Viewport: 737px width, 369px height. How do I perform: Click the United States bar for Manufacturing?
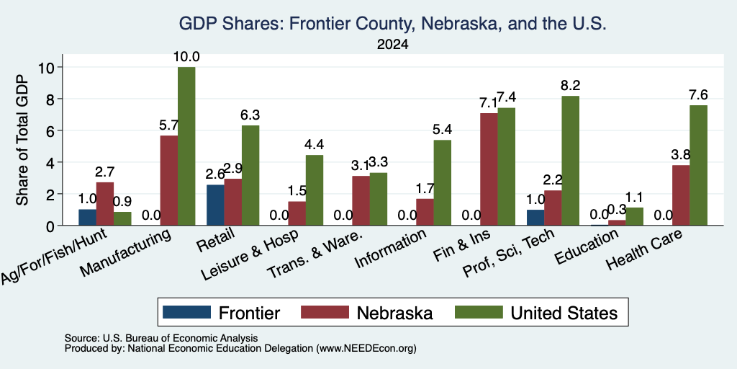[186, 146]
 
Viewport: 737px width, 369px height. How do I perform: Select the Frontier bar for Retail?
[215, 205]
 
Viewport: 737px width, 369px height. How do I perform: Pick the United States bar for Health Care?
[698, 165]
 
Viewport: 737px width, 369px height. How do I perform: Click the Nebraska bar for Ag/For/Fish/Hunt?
[105, 204]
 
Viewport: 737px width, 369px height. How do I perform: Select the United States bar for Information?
[443, 182]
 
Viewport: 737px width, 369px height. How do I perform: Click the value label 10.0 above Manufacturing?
[186, 58]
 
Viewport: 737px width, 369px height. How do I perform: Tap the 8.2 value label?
[571, 86]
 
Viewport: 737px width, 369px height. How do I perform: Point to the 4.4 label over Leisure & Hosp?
[315, 144]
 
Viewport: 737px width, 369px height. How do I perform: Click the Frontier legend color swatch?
[186, 312]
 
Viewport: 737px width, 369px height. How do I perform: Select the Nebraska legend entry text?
[394, 313]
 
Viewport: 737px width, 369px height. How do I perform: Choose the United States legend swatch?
[479, 312]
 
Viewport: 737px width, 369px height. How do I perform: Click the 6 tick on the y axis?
[53, 130]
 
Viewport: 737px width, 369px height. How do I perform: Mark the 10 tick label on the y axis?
[48, 67]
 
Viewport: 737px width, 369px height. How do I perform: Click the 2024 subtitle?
[392, 45]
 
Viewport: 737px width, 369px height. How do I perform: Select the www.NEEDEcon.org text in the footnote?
[366, 349]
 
